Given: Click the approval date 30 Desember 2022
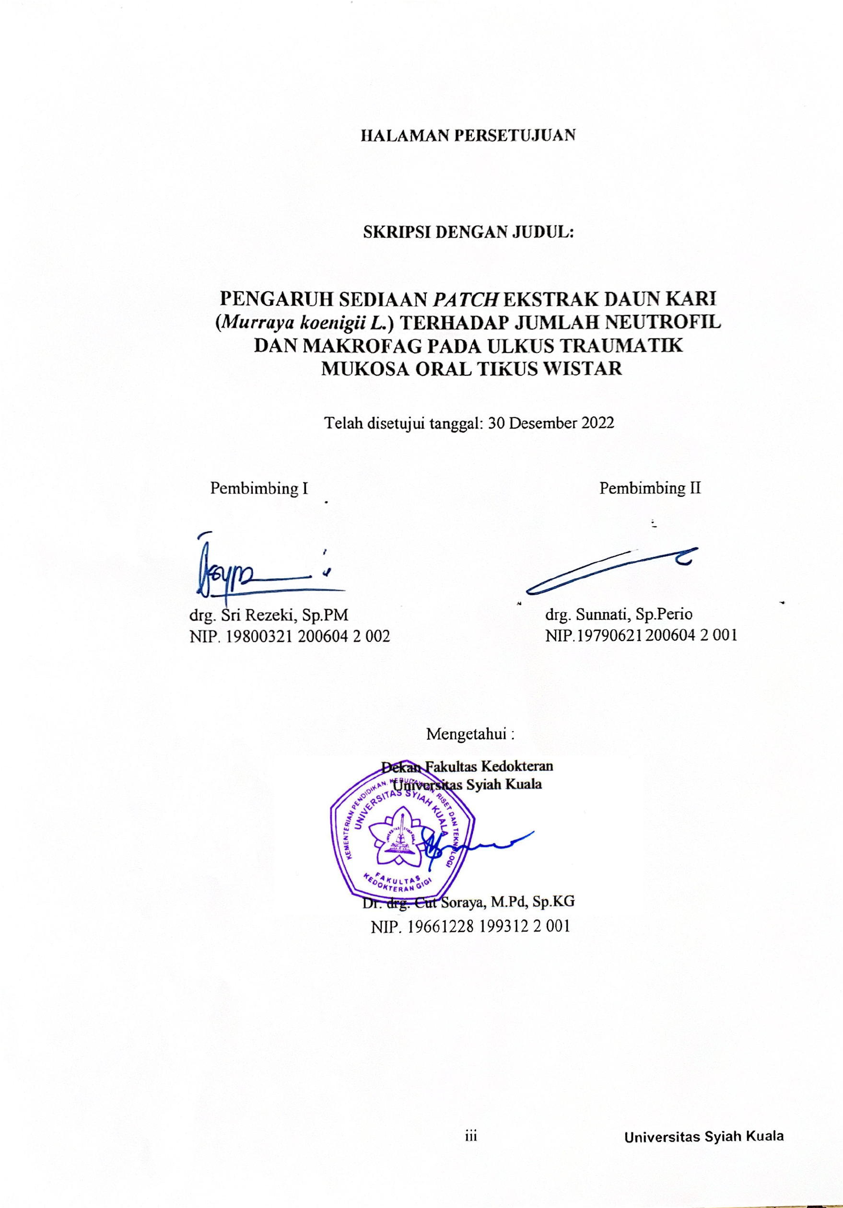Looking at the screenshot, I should click(551, 423).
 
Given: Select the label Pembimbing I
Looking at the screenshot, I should click(259, 488).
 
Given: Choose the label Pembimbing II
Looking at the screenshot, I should click(650, 488).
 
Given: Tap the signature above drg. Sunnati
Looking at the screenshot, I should click(610, 571).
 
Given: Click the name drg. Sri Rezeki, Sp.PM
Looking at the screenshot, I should click(269, 614).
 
